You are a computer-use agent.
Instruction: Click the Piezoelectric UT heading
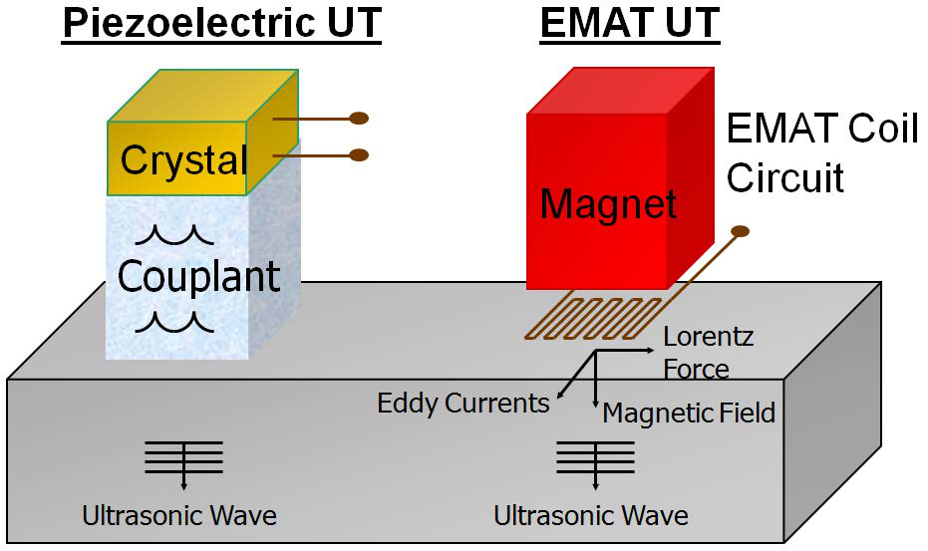pos(221,24)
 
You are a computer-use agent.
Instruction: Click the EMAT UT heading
pos(629,24)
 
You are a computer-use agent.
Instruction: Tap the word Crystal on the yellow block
pos(184,159)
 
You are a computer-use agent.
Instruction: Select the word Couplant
pos(199,276)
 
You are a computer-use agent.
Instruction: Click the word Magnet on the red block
pos(608,204)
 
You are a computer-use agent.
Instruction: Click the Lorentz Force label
pos(708,353)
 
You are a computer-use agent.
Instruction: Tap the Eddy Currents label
pos(463,404)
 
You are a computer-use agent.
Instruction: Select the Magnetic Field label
pos(689,413)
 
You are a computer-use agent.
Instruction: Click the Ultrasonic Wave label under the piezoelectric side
pos(179,516)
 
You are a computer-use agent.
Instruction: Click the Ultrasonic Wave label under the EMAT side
pos(591,516)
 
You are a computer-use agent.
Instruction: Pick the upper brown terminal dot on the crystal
pos(359,119)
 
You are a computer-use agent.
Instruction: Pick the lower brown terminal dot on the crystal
pos(359,154)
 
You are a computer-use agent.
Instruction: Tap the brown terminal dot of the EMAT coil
pos(740,232)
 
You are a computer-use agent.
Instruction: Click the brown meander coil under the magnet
pos(588,318)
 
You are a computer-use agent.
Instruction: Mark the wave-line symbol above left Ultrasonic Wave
pos(183,457)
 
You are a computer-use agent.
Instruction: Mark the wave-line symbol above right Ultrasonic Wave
pos(595,457)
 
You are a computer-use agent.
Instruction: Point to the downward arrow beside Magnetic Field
pos(595,384)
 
